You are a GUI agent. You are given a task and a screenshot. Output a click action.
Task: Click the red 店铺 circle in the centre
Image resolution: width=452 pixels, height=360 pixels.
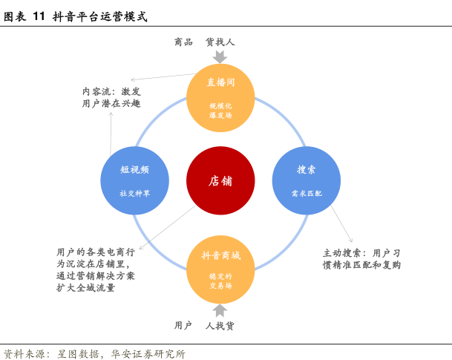220,181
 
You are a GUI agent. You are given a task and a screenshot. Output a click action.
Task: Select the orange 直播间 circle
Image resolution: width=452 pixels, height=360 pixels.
220,95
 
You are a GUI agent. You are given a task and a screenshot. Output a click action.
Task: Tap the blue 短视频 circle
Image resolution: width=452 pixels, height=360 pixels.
134,180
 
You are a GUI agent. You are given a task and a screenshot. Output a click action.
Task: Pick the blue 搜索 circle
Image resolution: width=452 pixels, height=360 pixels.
307,180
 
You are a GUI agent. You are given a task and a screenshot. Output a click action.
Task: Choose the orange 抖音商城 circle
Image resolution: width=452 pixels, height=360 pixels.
220,267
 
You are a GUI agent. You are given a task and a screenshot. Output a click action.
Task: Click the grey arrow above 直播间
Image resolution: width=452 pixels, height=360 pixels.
220,56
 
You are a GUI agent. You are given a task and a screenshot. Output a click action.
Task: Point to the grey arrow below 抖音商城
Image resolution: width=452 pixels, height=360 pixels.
220,310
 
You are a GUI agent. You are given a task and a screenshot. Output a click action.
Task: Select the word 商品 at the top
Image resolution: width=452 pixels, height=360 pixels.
183,42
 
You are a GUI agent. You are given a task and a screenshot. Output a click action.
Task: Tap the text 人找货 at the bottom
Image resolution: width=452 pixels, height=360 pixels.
220,326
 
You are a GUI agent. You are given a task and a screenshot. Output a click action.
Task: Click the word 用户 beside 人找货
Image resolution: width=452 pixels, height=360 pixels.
183,326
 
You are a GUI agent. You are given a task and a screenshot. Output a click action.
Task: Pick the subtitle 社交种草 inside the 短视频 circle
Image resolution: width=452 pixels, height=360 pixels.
134,193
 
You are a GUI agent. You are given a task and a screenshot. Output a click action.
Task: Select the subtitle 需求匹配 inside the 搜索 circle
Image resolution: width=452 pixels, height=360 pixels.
307,193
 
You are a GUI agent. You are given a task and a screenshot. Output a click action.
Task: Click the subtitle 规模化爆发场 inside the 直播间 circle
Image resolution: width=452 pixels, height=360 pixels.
220,111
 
